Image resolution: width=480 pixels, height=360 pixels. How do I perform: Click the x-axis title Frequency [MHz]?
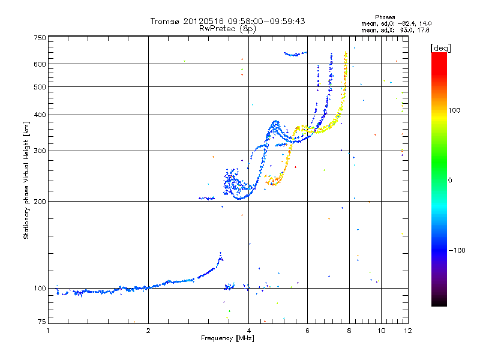click(x=227, y=338)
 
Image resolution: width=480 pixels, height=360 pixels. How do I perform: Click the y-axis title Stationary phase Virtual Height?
click(x=26, y=181)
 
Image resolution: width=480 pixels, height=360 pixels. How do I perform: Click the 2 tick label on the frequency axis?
click(x=148, y=330)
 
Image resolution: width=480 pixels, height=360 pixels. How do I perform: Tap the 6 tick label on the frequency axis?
click(x=307, y=330)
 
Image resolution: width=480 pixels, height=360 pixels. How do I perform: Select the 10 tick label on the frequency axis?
click(x=381, y=330)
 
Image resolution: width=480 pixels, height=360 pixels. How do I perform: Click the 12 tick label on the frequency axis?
click(x=408, y=330)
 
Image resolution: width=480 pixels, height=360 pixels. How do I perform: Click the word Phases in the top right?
click(x=385, y=17)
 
